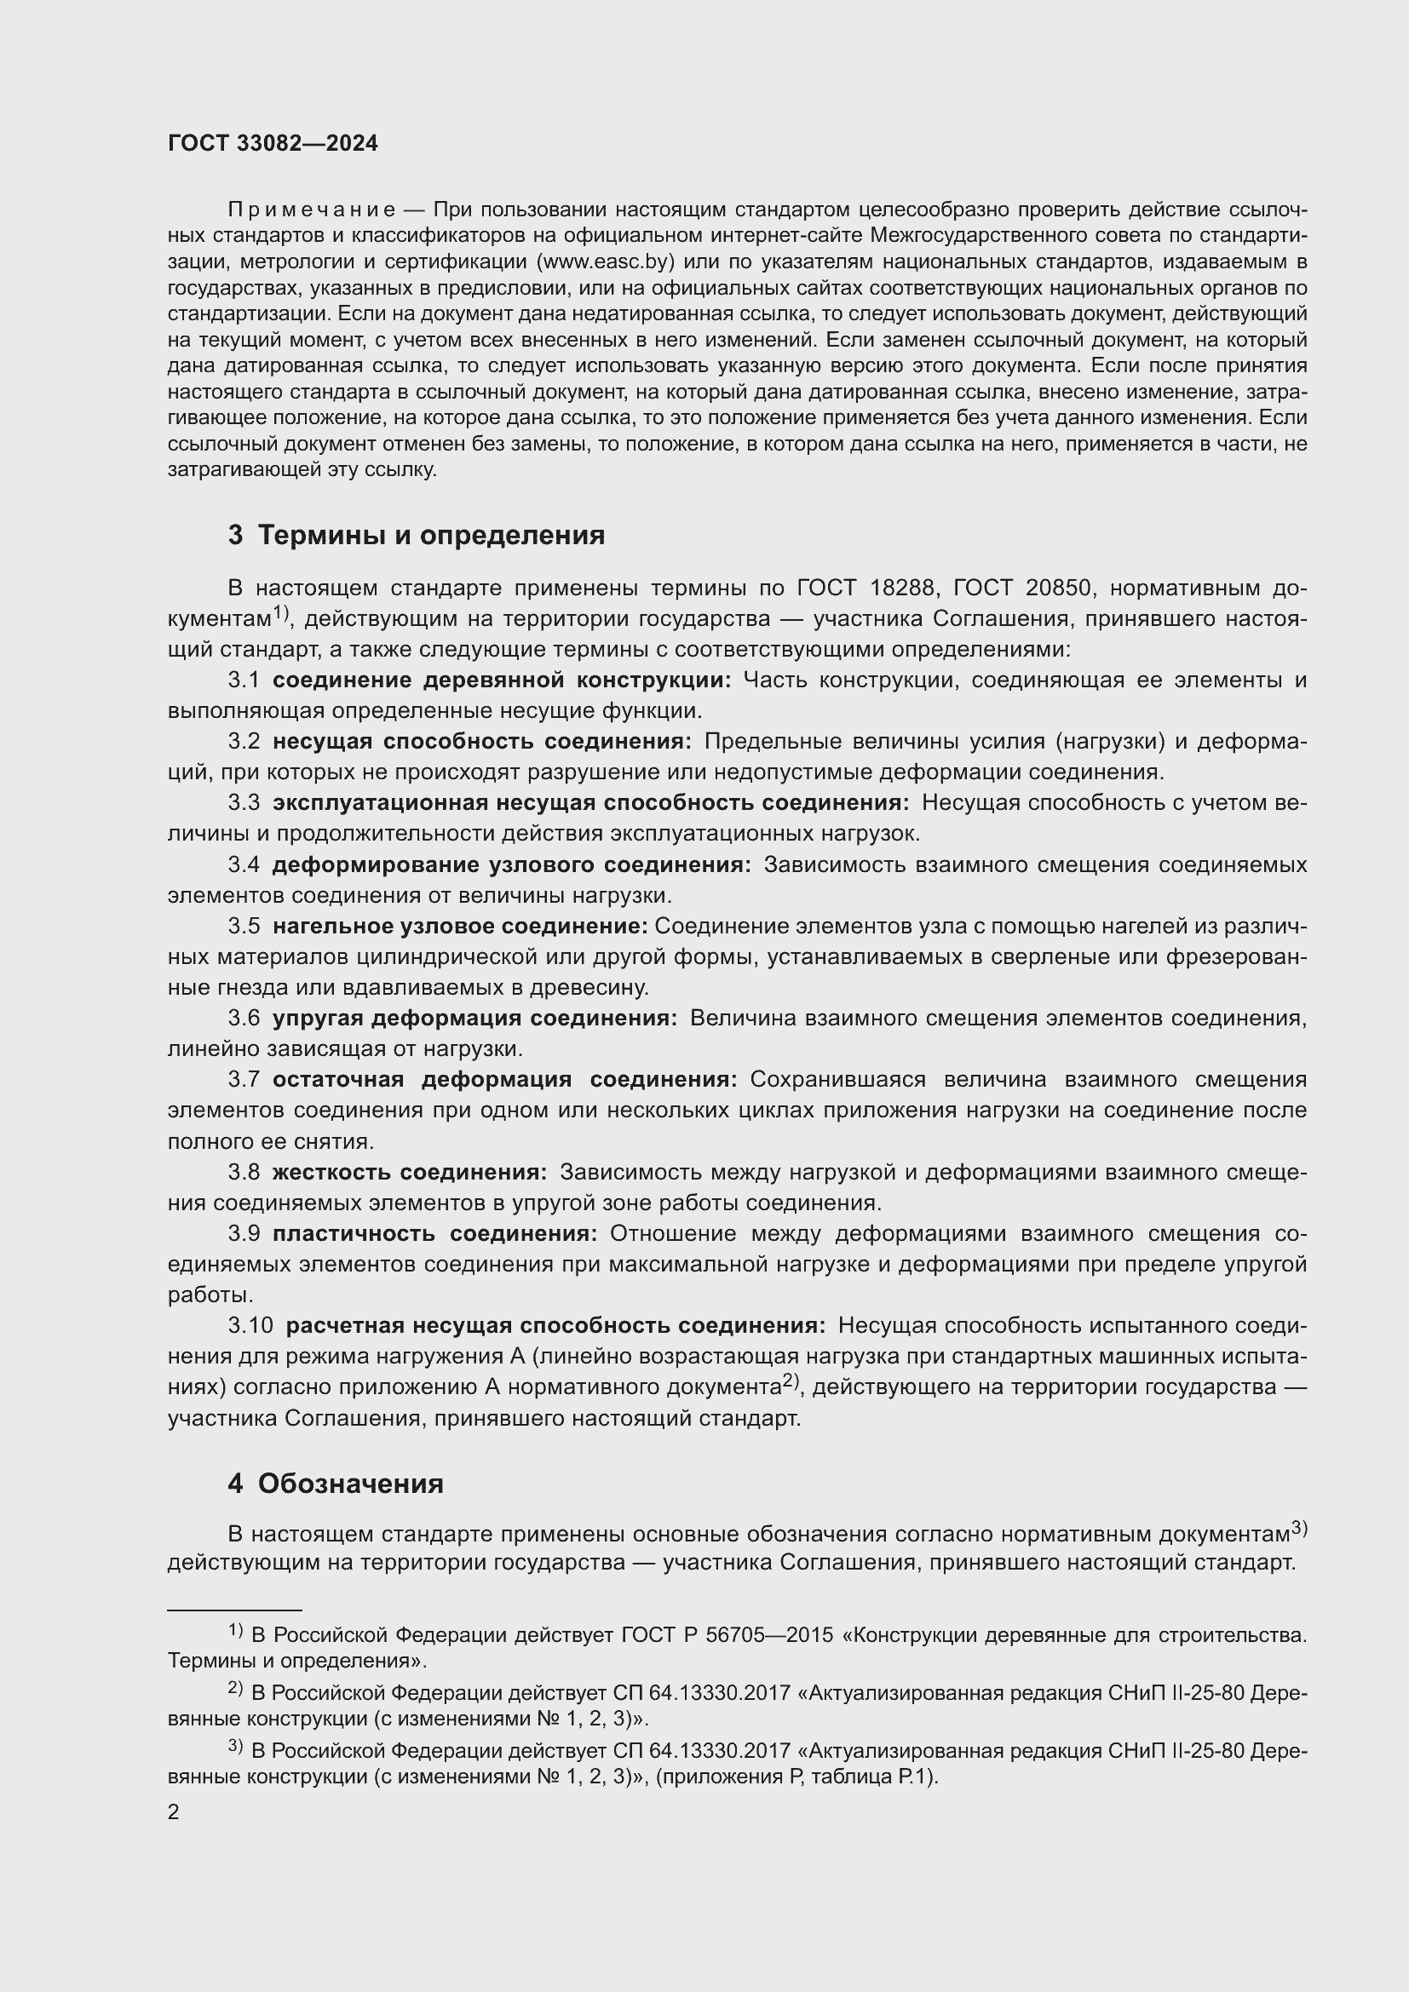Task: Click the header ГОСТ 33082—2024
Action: (273, 144)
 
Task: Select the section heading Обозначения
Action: (350, 1484)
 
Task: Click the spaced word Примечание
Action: (312, 210)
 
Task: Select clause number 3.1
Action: (244, 680)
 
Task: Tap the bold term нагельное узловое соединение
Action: (460, 926)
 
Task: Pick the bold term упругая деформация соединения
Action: (474, 1018)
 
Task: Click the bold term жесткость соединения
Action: (410, 1172)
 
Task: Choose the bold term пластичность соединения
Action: (434, 1234)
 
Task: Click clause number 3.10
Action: (250, 1326)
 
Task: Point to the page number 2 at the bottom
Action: (174, 1812)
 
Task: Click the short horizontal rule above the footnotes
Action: (234, 1610)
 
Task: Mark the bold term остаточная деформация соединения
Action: (504, 1079)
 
